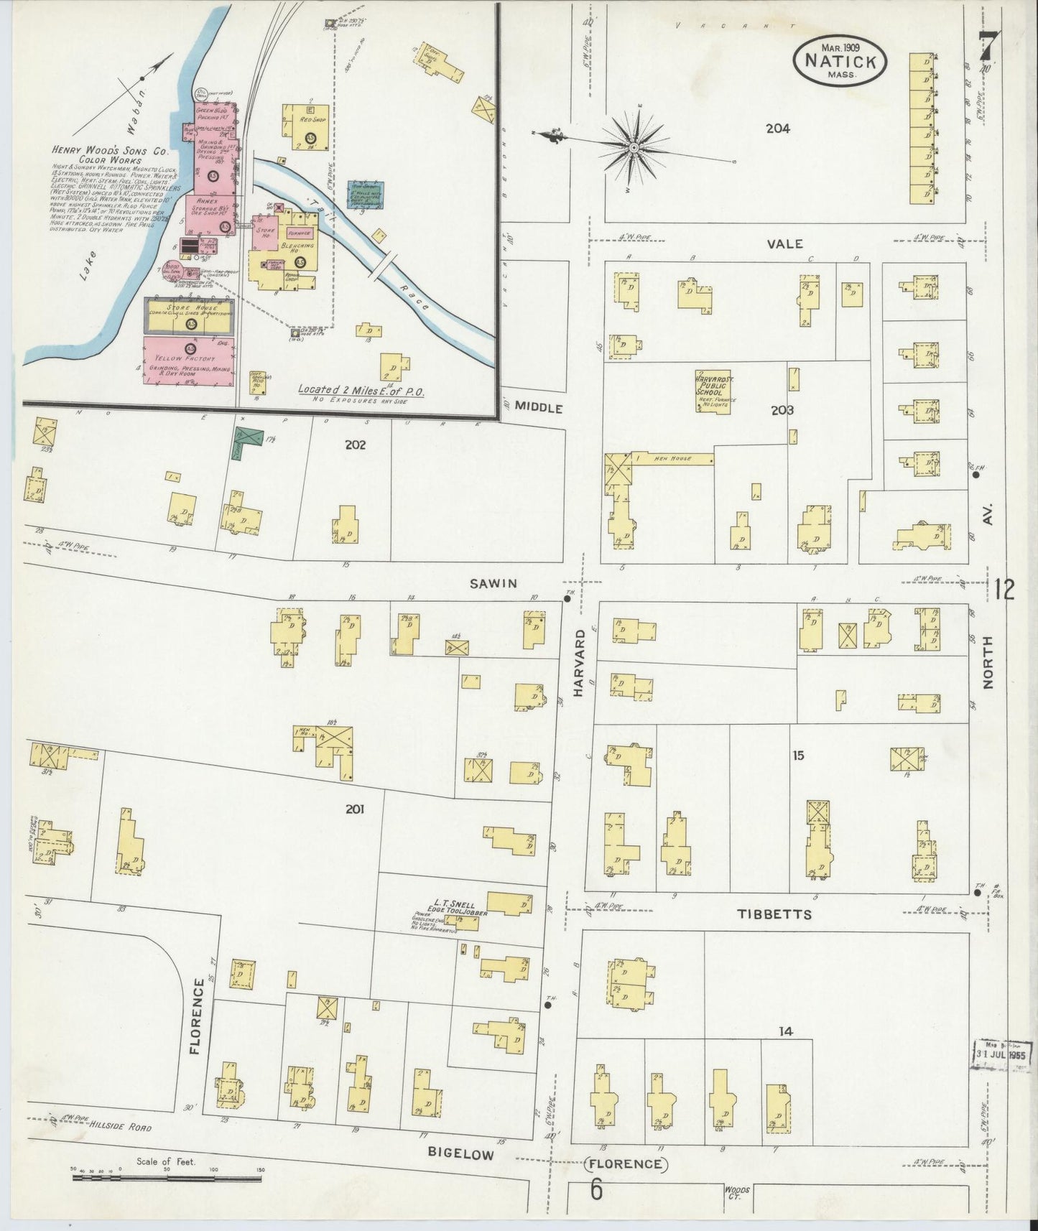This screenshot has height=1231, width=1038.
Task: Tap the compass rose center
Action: coord(634,148)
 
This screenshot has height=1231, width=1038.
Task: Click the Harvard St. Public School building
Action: coord(713,391)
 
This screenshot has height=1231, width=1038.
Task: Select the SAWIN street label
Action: coord(493,583)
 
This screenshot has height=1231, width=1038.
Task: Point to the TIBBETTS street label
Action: coord(774,914)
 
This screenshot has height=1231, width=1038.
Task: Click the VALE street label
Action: coord(784,244)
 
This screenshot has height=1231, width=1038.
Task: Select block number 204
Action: coord(777,129)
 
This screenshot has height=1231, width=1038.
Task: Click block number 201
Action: coord(354,809)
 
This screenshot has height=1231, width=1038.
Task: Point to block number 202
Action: coord(355,445)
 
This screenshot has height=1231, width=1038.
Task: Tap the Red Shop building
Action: coord(306,127)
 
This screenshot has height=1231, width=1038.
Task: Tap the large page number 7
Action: coord(989,47)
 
